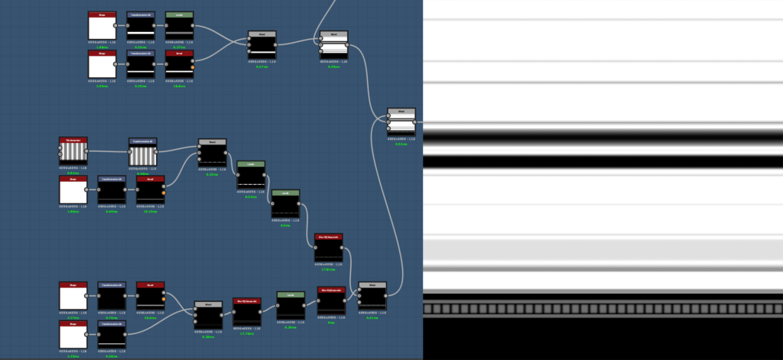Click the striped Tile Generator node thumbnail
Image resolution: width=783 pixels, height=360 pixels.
73,152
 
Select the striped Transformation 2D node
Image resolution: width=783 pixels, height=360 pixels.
142,156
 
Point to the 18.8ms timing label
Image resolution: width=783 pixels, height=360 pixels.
179,86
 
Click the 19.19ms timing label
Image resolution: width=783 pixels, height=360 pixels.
150,212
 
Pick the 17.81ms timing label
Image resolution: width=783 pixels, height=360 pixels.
328,269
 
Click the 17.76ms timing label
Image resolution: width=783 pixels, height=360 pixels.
246,333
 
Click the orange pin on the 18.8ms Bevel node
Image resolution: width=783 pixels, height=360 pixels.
193,69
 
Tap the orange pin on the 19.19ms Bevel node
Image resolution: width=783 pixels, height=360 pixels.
164,193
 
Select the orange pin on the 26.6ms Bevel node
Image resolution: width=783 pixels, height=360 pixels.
164,299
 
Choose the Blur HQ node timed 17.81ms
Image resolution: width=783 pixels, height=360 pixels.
328,251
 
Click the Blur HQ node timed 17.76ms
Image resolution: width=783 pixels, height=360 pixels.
246,314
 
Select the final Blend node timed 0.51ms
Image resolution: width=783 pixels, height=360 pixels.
401,122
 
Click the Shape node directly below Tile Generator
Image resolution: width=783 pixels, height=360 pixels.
73,191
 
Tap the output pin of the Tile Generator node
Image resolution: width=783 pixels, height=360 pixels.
89,151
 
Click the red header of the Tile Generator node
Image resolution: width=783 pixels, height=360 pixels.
73,140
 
